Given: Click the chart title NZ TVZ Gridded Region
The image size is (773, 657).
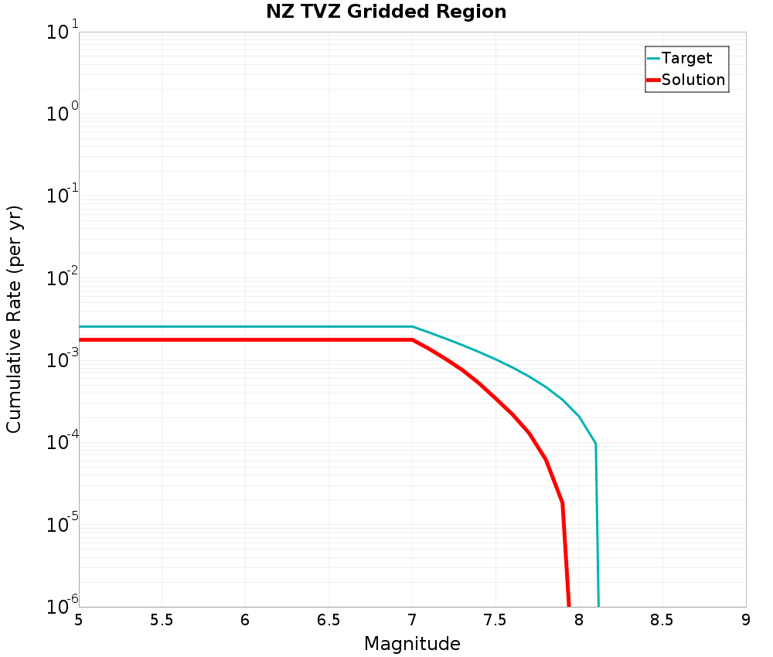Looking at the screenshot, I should coord(386,12).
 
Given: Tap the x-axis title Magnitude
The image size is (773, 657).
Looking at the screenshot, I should coord(412,644).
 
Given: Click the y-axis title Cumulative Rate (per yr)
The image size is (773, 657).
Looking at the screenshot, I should coord(15,319).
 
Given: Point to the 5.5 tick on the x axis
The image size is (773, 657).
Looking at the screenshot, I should coord(162,621).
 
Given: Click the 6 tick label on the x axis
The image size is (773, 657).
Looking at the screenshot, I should coord(245,621).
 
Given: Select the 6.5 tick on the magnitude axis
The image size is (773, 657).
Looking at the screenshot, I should coord(329,621).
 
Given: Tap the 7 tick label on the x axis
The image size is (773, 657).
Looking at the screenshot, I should coord(412,621).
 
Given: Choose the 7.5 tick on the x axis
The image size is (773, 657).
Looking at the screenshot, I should coord(495,621).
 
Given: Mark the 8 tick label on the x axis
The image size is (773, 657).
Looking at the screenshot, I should coord(579,621).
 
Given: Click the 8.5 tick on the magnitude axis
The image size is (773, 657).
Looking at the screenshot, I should coord(662,621).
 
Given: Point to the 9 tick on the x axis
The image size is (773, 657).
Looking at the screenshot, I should coord(746,621).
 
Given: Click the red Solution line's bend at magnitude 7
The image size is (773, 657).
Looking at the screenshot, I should coord(412,339).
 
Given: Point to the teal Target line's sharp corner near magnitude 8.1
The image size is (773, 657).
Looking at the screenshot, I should coord(595,444).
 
